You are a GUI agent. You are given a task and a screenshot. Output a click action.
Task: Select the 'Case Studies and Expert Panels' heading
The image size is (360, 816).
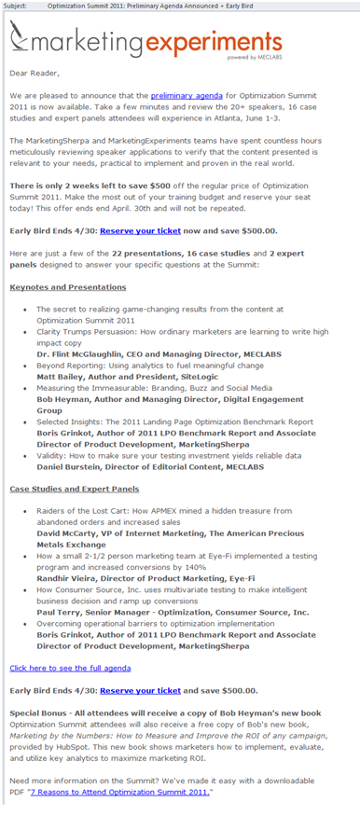74,489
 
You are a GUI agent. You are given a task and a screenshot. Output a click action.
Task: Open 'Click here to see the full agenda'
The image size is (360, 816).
70,668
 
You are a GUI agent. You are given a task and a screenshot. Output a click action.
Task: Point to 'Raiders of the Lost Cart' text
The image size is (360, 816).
88,511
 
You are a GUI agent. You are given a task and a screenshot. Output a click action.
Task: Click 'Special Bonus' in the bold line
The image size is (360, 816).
41,712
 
